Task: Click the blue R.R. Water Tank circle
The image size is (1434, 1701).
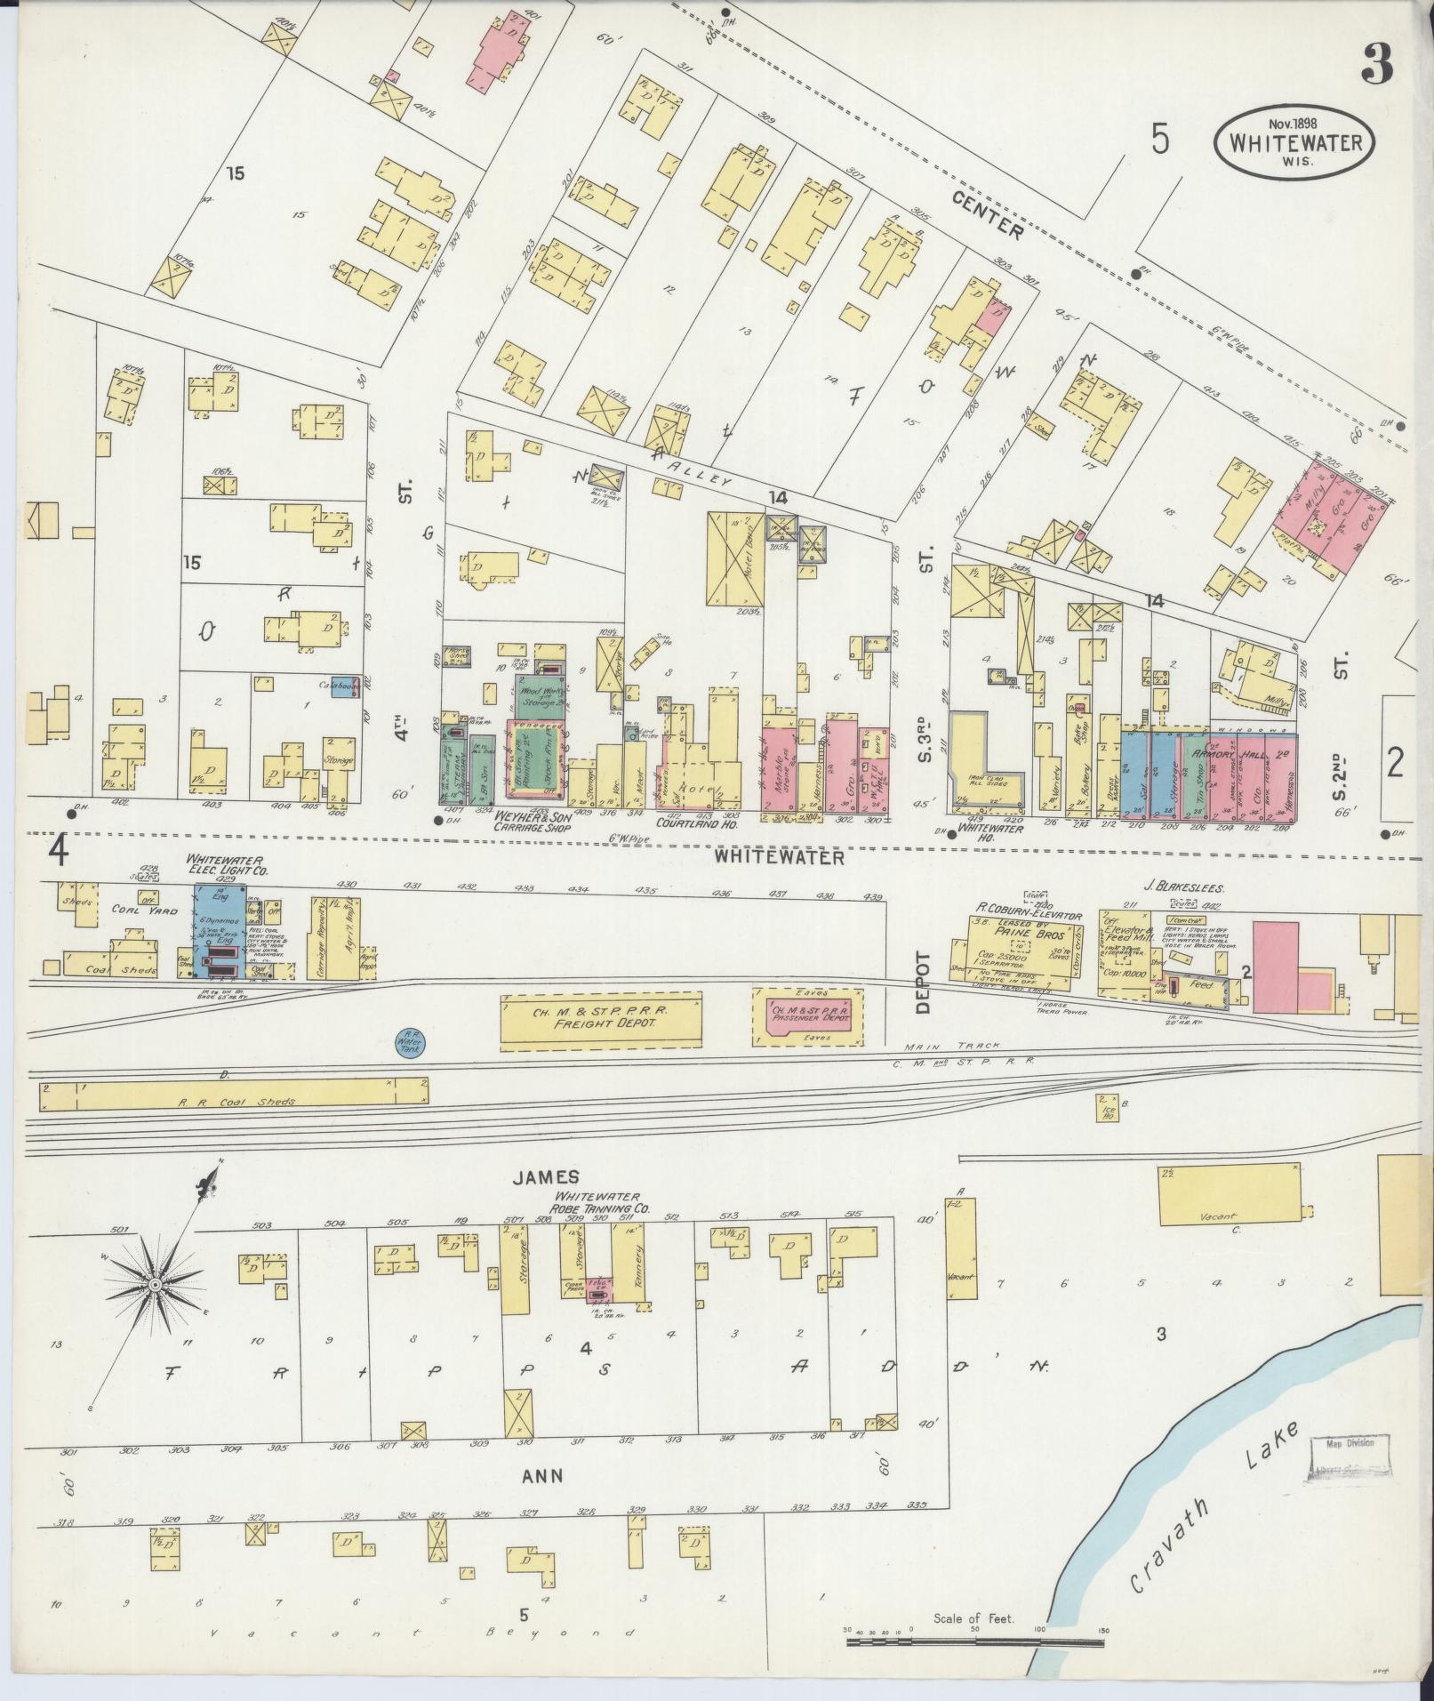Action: click(410, 1044)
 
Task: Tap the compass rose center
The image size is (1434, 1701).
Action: click(154, 1285)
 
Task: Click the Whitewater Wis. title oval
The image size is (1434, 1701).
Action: click(1294, 145)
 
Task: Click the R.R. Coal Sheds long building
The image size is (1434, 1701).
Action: click(233, 1095)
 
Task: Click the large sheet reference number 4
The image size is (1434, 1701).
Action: click(59, 851)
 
